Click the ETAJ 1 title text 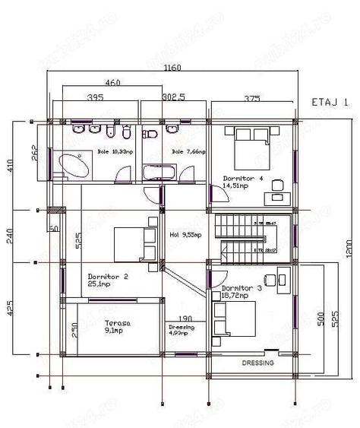pyautogui.click(x=330, y=102)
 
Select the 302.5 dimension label pyautogui.click(x=174, y=98)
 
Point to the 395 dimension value pyautogui.click(x=95, y=98)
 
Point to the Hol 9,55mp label pyautogui.click(x=185, y=236)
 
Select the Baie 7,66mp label pyautogui.click(x=183, y=153)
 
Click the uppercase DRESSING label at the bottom pyautogui.click(x=257, y=363)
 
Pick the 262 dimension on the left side pyautogui.click(x=35, y=152)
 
